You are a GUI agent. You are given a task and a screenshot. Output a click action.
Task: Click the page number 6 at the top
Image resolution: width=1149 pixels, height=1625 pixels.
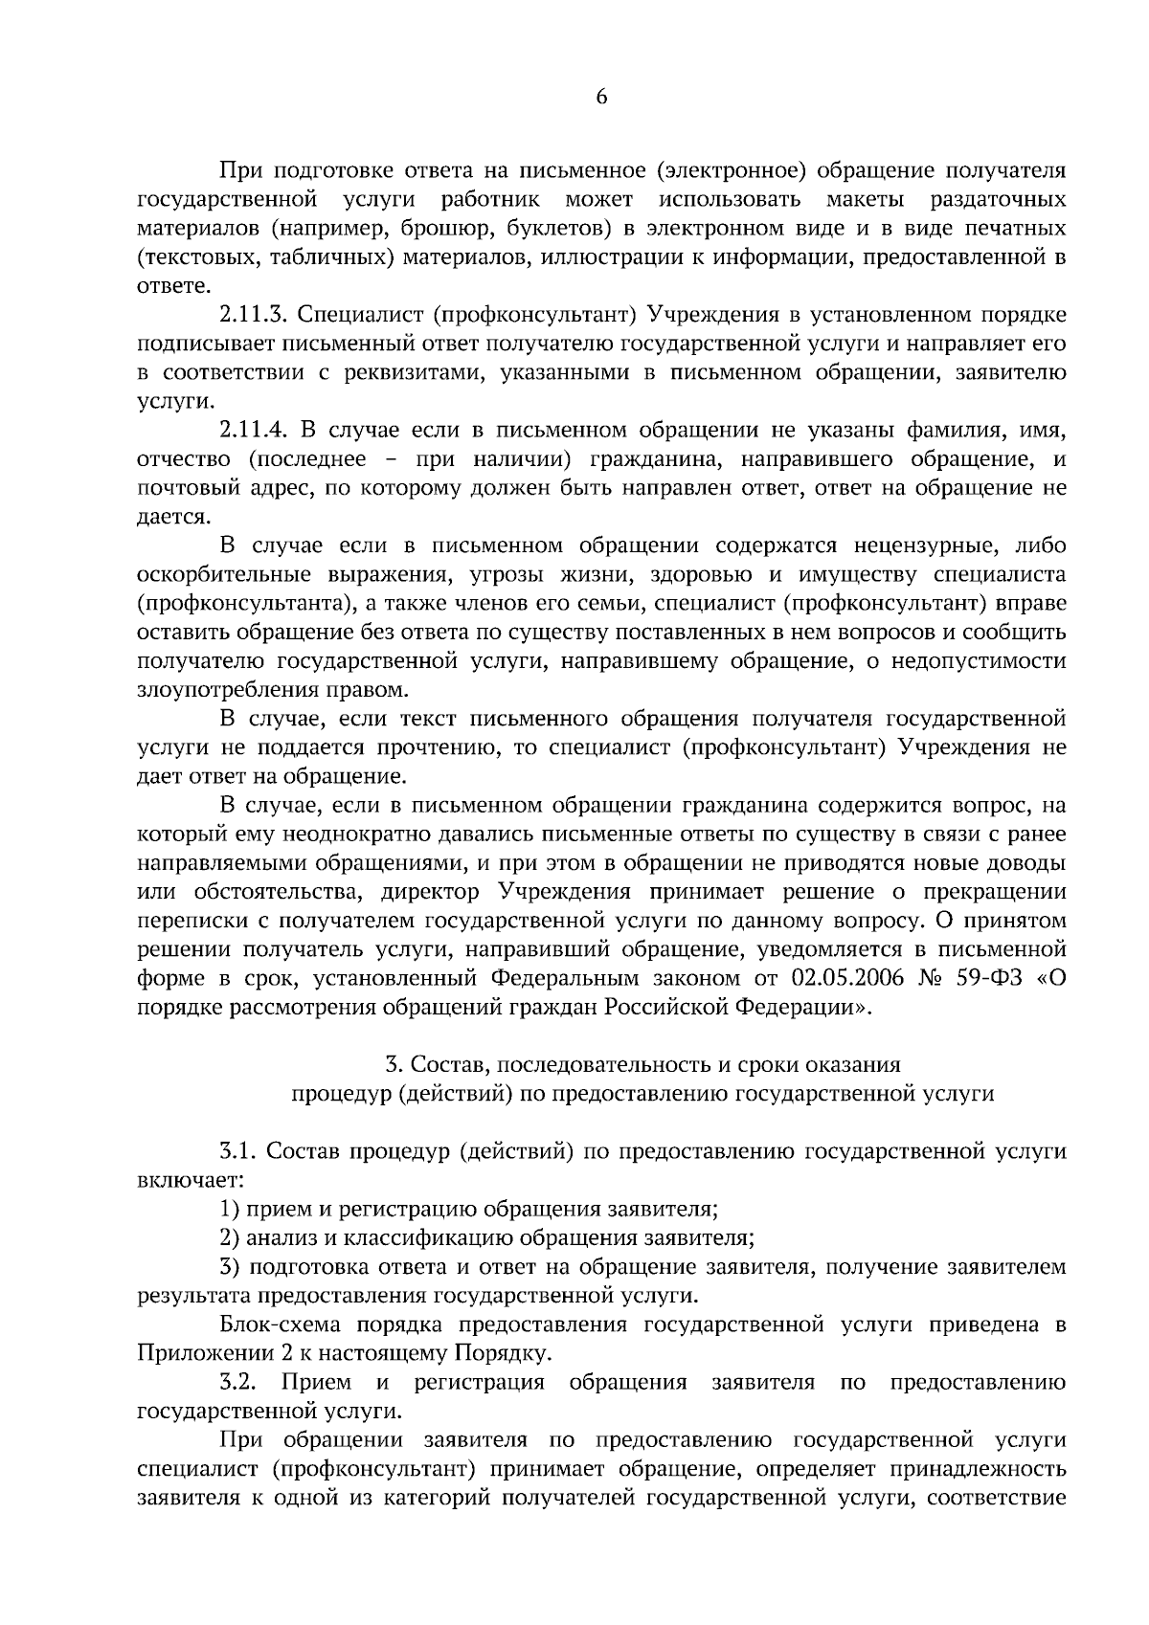[601, 97]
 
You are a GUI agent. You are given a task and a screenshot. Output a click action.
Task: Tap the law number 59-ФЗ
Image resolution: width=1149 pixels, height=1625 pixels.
[984, 978]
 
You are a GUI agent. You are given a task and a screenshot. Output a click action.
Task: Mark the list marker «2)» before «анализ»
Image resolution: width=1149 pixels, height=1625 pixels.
[229, 1237]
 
